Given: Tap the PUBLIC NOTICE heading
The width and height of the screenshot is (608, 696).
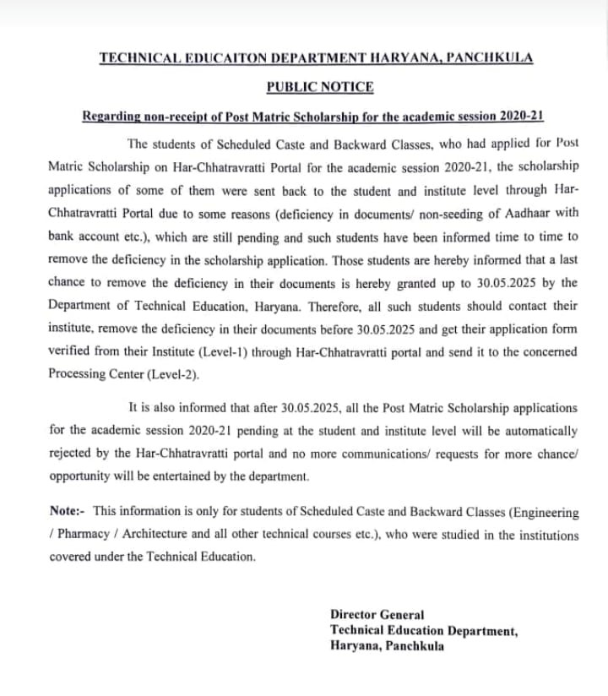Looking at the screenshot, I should point(320,86).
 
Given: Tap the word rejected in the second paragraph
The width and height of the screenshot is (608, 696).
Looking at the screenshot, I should point(72,453).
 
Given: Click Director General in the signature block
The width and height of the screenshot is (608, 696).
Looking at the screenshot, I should point(377,615).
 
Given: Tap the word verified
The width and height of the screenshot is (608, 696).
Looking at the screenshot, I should point(72,351).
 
